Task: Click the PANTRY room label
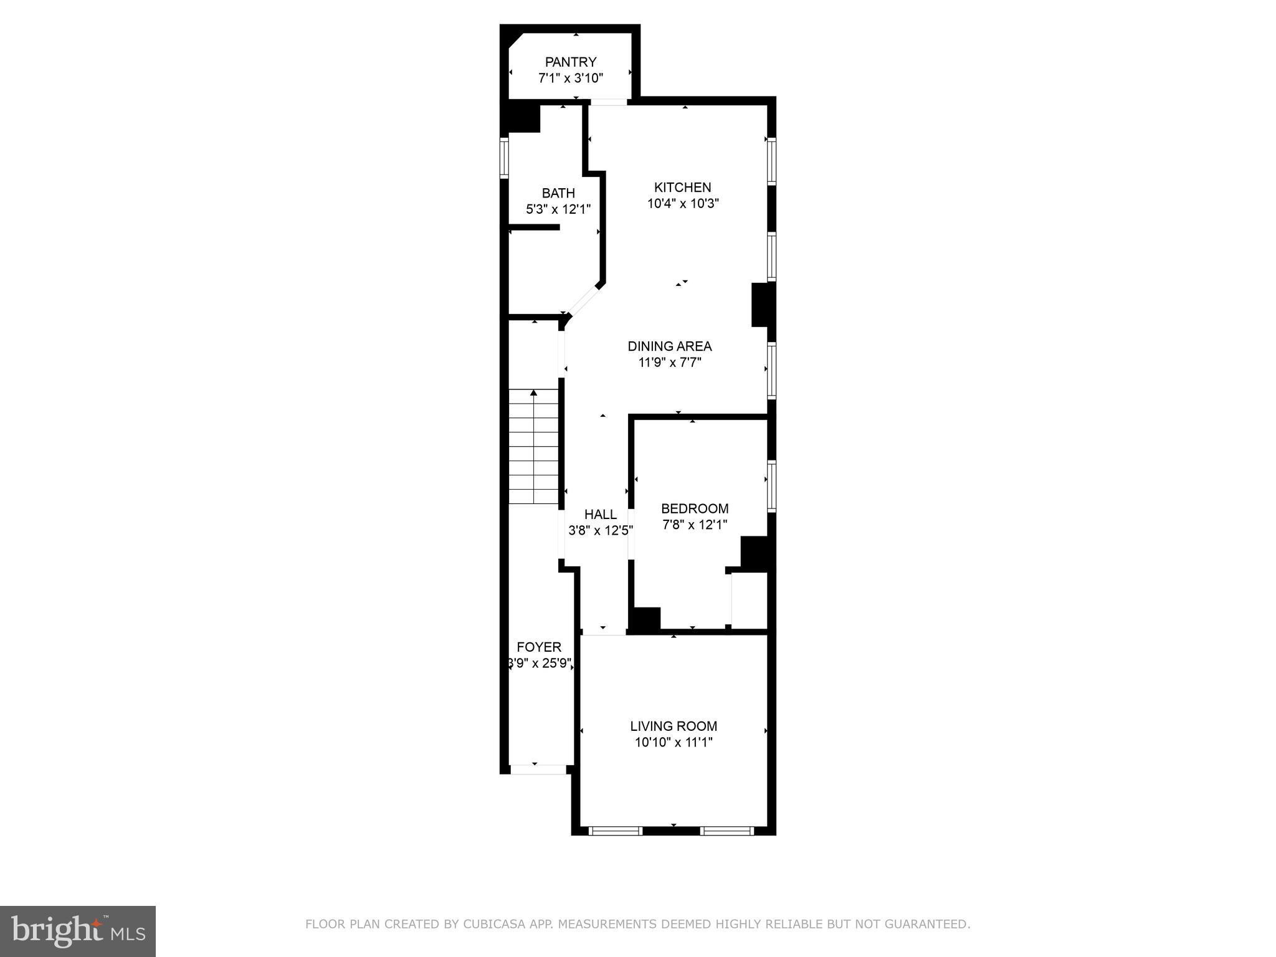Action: point(570,62)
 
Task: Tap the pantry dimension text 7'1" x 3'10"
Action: point(570,78)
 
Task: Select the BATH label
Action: point(558,193)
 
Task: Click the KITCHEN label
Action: point(682,187)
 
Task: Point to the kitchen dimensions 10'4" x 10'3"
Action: point(683,203)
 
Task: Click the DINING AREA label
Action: point(669,346)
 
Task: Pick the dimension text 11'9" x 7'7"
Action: point(670,362)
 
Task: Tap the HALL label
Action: point(600,514)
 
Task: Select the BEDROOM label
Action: point(694,508)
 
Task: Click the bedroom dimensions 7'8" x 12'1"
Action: point(694,525)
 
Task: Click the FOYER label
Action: point(539,647)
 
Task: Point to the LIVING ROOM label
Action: point(673,726)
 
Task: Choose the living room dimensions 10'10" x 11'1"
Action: point(673,742)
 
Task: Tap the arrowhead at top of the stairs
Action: point(533,393)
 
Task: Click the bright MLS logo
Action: point(78,931)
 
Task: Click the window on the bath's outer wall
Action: point(504,158)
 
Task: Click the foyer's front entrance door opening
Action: point(538,769)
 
